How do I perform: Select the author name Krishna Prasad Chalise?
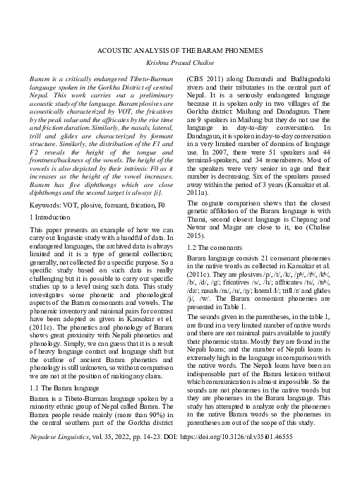pyautogui.click(x=179, y=63)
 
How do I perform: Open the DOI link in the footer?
pyautogui.click(x=250, y=457)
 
